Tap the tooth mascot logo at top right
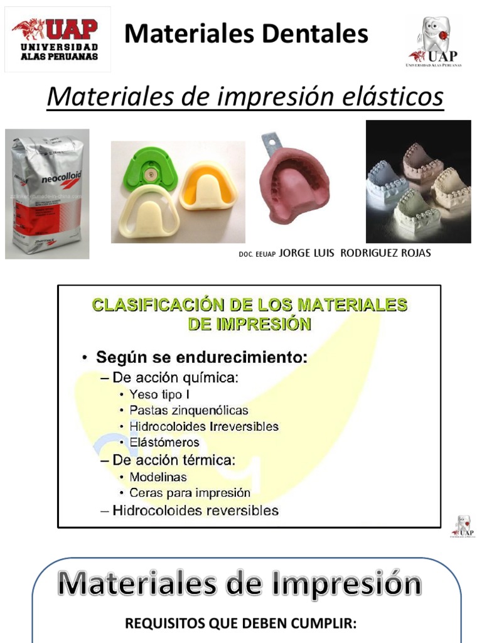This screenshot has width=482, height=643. point(434,41)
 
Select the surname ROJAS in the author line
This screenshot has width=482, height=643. point(410,253)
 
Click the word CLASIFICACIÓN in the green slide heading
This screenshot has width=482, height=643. point(149,305)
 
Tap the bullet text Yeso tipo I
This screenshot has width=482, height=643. point(159,394)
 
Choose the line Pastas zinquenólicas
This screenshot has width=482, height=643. point(188,410)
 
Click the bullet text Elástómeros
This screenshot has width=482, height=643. point(164,442)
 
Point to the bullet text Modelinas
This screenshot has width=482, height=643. point(158,477)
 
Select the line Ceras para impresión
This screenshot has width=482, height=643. point(190,493)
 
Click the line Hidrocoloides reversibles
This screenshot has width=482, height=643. point(195,510)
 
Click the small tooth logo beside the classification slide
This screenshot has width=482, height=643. point(463,526)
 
